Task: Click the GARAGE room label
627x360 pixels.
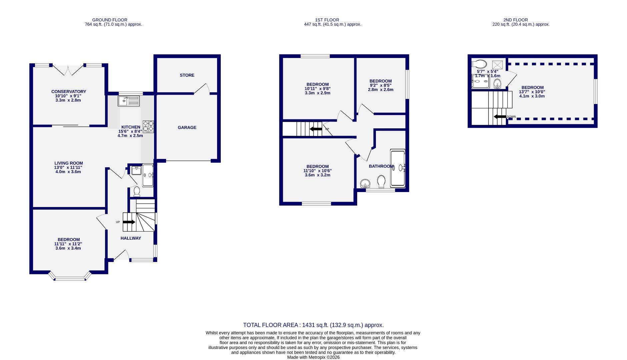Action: [x=187, y=127]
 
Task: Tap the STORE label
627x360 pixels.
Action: [x=187, y=75]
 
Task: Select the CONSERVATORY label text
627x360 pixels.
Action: [x=69, y=92]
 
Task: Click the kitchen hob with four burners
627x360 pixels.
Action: [x=148, y=126]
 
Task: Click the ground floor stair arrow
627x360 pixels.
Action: [x=129, y=222]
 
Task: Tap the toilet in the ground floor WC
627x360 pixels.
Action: [x=136, y=191]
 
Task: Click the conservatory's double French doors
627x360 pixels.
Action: [x=68, y=70]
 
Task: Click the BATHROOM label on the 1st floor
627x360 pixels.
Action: [x=381, y=166]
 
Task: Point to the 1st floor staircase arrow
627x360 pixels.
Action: [x=316, y=129]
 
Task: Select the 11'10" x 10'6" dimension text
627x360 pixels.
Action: [x=318, y=171]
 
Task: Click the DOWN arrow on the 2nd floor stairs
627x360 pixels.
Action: [x=500, y=117]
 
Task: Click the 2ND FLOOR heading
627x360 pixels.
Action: [x=516, y=20]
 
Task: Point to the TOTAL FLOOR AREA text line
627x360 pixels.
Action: [x=313, y=325]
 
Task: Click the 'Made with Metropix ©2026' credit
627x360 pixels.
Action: [x=313, y=357]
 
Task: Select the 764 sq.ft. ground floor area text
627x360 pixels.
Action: [x=113, y=24]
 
